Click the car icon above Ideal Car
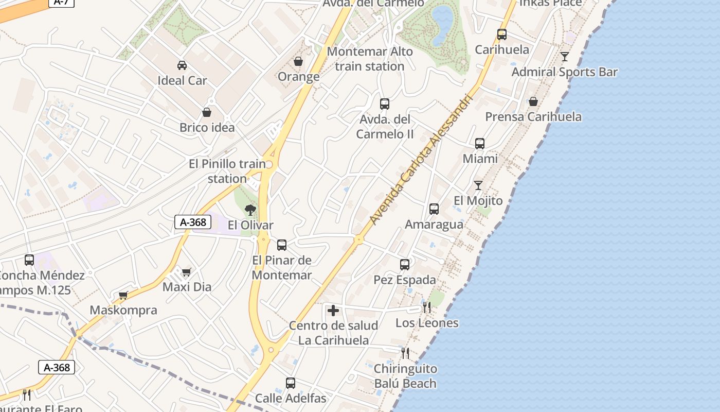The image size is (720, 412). click(182, 65)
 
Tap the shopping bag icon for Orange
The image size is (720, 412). click(298, 62)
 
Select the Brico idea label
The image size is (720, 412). click(207, 127)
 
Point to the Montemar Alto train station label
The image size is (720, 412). click(370, 59)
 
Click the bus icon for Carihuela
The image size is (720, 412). click(502, 35)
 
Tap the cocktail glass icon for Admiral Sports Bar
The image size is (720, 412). click(565, 57)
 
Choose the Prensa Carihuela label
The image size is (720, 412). click(533, 116)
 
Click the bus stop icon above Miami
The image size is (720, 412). click(480, 144)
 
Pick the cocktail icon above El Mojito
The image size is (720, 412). click(478, 185)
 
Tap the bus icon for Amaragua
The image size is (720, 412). click(434, 209)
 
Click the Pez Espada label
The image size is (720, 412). click(405, 280)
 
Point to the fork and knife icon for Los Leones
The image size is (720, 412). click(427, 307)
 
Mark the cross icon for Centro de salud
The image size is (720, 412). click(333, 311)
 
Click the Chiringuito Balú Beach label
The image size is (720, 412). click(405, 376)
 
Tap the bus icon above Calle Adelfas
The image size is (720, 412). click(291, 383)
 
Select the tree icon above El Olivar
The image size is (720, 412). click(250, 210)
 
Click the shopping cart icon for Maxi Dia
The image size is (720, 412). click(186, 272)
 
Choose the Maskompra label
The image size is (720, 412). click(123, 310)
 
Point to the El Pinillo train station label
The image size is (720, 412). click(227, 171)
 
